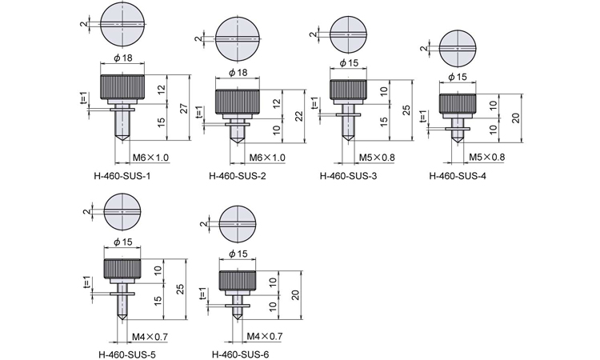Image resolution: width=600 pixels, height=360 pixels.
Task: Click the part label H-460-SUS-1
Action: tap(122, 176)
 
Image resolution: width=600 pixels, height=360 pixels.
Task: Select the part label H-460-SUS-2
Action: tap(238, 176)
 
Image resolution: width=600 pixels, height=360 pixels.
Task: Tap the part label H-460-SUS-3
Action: tap(348, 176)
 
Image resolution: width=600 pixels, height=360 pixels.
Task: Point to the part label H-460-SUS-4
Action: tap(458, 176)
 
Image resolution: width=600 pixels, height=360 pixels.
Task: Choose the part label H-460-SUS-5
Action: tap(127, 354)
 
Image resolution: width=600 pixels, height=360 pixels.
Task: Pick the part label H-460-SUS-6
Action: tap(240, 354)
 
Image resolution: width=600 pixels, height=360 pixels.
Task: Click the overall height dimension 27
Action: tap(184, 108)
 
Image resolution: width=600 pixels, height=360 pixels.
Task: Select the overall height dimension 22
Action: tap(299, 116)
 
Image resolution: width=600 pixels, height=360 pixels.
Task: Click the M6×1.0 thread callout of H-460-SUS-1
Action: tap(150, 158)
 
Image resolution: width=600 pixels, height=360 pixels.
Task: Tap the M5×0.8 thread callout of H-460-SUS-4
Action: tap(486, 157)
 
